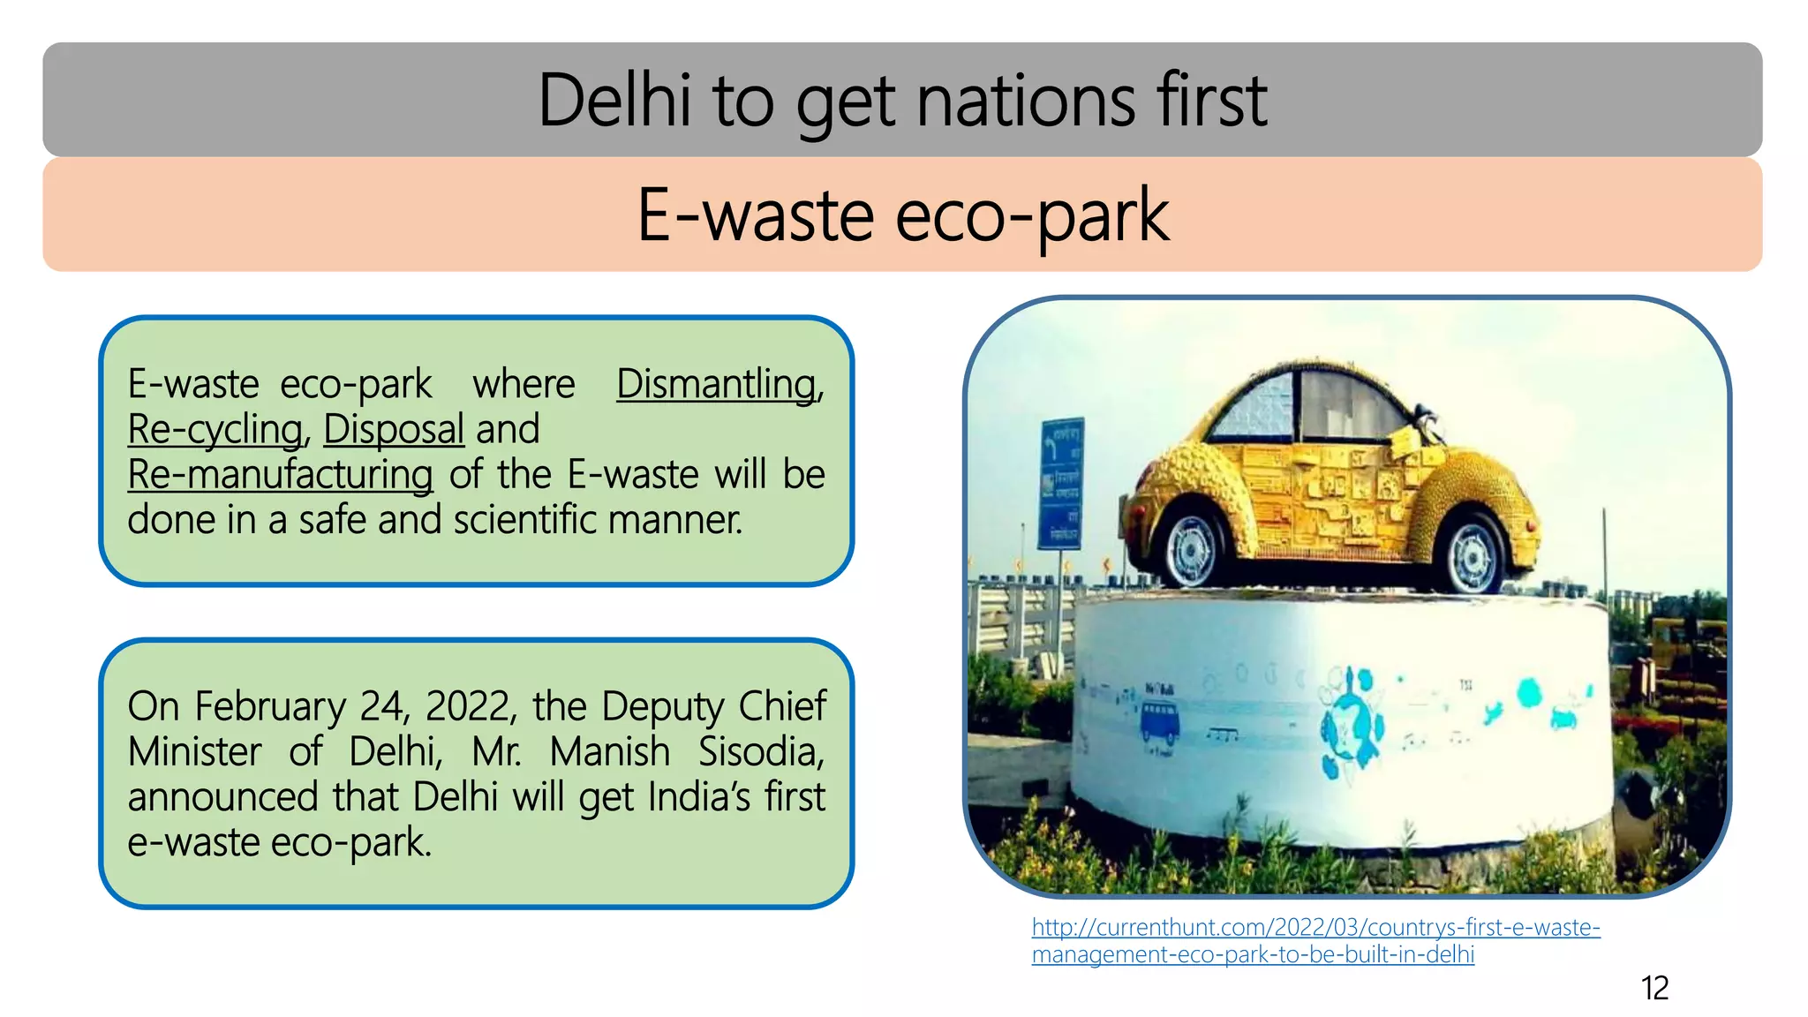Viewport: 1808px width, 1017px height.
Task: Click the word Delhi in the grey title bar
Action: coord(614,101)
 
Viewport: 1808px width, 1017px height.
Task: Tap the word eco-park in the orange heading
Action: coord(1032,215)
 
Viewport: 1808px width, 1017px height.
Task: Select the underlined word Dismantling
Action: coord(717,384)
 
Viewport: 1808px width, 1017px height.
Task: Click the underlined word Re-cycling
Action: coord(215,430)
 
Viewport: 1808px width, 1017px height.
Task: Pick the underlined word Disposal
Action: coord(394,430)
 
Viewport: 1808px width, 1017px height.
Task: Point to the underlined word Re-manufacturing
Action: coord(281,475)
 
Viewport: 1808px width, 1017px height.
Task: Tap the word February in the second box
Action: coord(270,707)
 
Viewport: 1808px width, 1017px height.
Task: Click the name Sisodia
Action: coord(761,752)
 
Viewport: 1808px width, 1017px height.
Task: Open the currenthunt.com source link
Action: coord(1315,941)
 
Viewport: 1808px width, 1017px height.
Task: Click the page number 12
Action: coord(1654,988)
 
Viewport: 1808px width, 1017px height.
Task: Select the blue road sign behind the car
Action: coord(1061,482)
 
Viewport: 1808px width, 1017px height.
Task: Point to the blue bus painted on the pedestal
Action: coord(1160,720)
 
